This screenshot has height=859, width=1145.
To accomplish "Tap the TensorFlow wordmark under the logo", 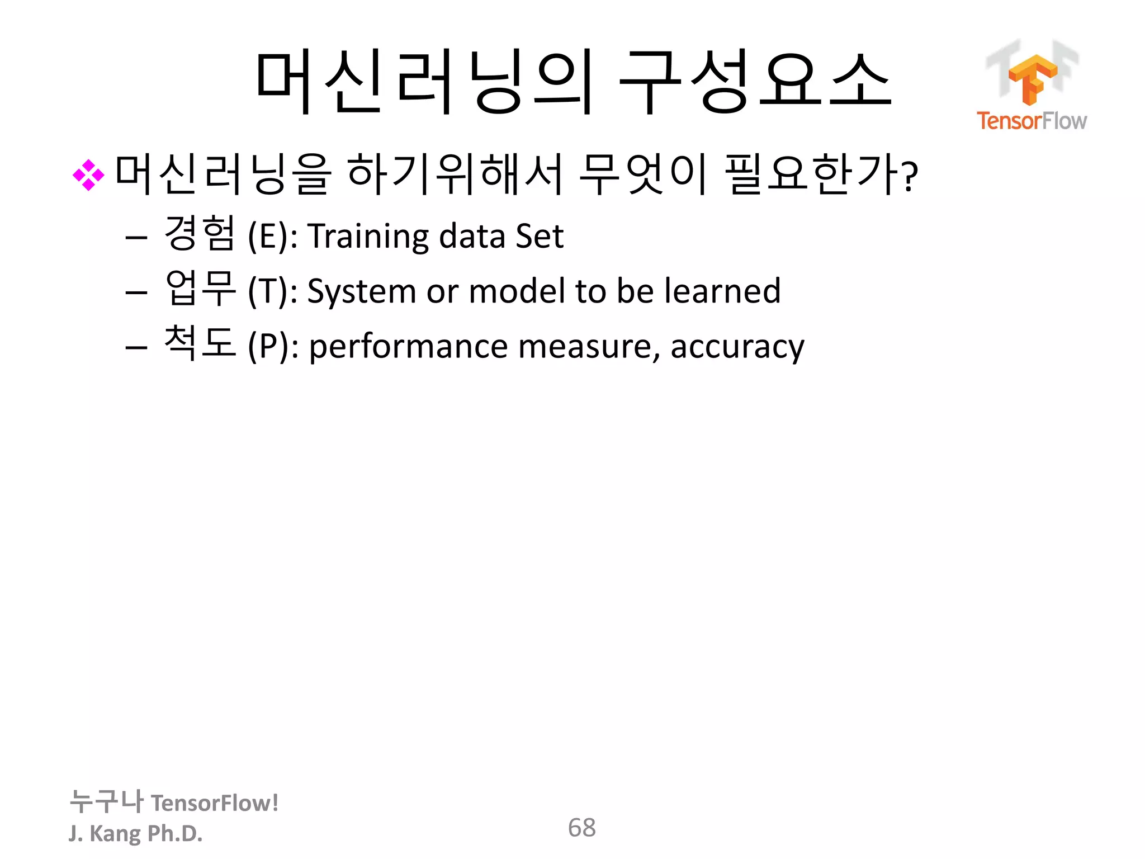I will point(1032,121).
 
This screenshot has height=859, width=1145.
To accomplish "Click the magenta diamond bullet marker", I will point(88,176).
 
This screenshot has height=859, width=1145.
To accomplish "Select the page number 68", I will point(581,828).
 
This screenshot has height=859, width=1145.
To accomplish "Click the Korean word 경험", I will point(199,233).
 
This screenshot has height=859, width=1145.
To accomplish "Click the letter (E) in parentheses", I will point(269,236).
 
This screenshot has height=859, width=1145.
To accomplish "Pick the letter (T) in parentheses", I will point(269,291).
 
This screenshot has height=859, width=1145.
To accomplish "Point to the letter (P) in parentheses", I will point(269,346).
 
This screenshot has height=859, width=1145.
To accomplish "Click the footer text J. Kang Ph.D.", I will point(135,833).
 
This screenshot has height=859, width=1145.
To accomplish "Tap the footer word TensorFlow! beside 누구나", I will point(215,803).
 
